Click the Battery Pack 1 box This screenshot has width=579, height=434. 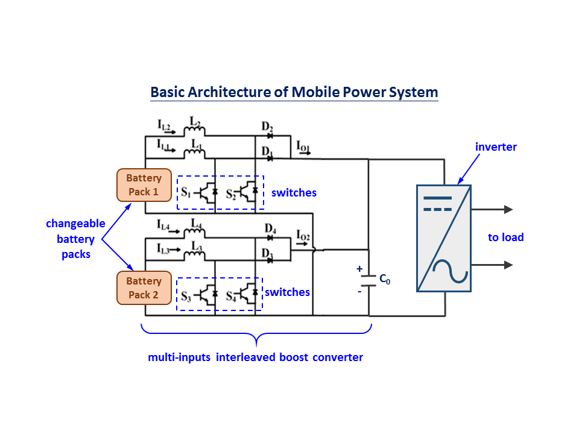pos(144,185)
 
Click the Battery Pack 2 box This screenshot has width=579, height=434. pos(144,288)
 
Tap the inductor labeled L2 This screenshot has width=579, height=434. pos(195,131)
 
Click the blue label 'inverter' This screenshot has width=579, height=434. pos(496,147)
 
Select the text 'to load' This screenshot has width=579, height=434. pos(505,237)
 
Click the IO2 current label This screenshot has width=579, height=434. pos(303,236)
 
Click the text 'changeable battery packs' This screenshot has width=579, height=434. pos(76,239)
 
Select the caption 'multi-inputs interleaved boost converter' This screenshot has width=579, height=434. pos(256,357)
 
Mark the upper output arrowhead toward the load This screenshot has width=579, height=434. pos(508,210)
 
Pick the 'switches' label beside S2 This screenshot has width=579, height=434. pos(294,193)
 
